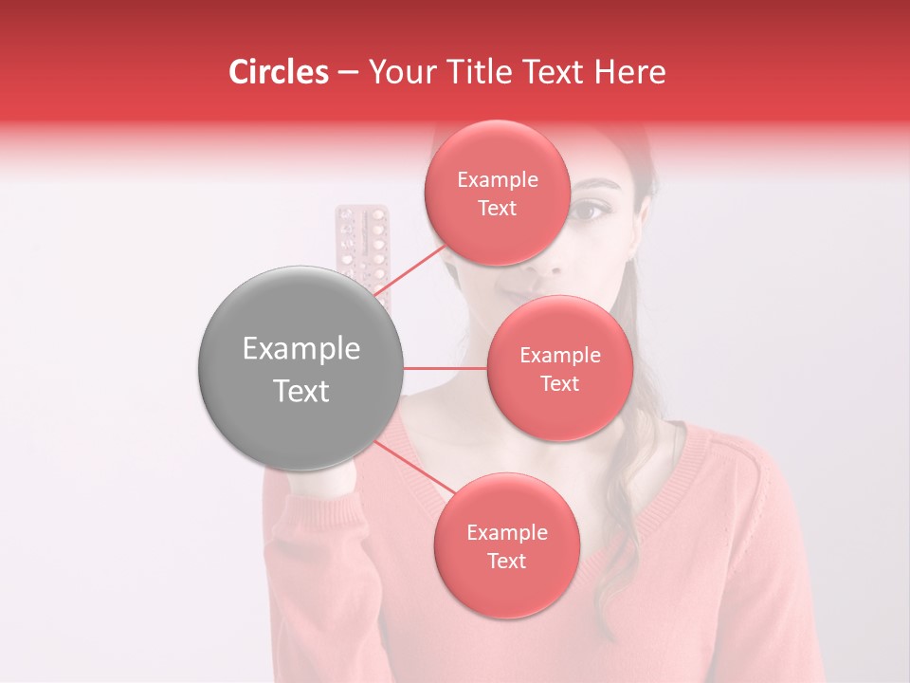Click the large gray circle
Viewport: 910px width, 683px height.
(300, 368)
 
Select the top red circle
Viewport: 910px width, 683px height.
(497, 194)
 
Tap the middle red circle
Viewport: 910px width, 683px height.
(559, 368)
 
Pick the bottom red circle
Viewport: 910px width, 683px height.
(506, 545)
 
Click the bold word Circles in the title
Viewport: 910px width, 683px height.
(279, 72)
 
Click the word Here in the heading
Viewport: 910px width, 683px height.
(629, 72)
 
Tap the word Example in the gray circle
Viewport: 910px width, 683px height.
(300, 349)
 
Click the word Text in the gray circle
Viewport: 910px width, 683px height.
(300, 391)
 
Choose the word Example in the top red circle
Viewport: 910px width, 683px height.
(497, 180)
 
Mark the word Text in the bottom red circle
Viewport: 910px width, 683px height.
(506, 561)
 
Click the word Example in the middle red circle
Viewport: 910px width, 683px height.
(559, 356)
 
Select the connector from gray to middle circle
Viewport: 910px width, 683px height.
(446, 368)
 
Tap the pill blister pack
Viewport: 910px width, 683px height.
(364, 247)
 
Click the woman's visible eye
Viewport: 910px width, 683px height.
(590, 210)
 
